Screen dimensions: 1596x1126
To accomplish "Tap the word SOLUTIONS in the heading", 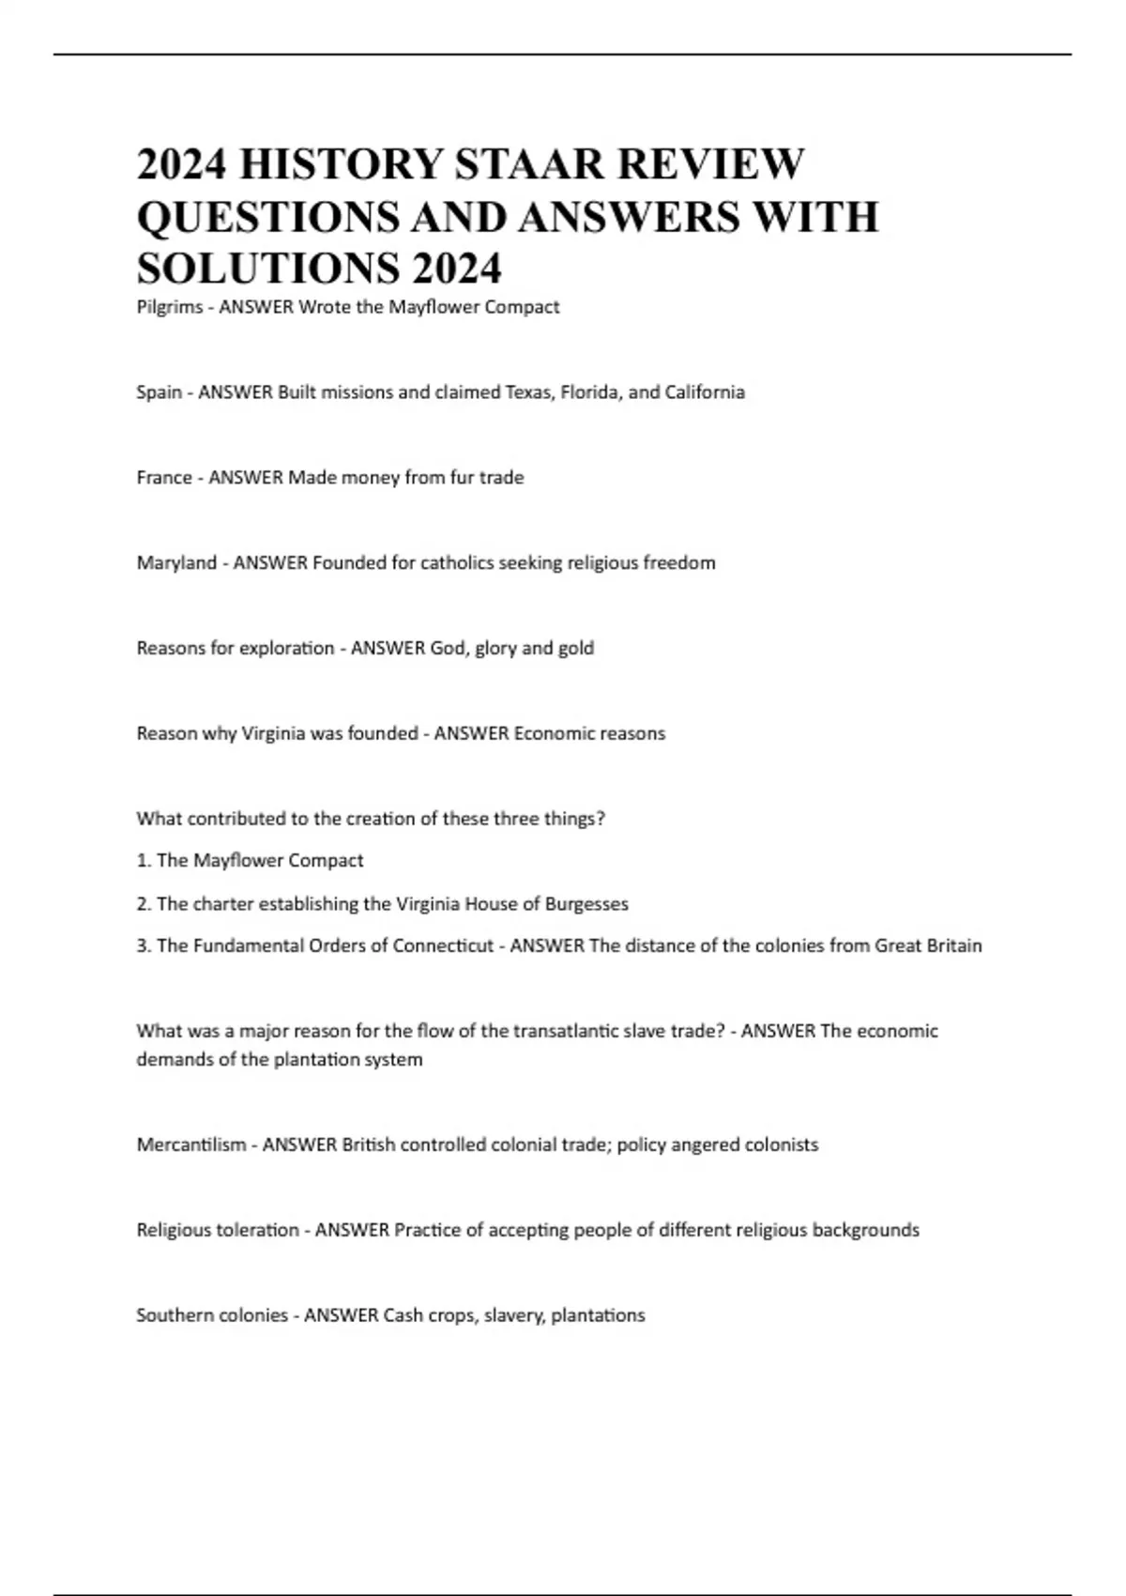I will click(265, 269).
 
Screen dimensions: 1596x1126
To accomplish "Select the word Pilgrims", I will click(170, 307).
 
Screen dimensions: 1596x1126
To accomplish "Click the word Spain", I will click(160, 392).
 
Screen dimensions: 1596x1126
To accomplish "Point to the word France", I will click(164, 478).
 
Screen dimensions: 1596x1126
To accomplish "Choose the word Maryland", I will click(176, 563).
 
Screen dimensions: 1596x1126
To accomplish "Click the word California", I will click(705, 392).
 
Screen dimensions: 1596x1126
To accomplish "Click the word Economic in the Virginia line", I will click(548, 733).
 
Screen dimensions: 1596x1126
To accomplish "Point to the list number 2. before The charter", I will click(144, 904).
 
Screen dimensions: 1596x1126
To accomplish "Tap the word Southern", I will click(175, 1315).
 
